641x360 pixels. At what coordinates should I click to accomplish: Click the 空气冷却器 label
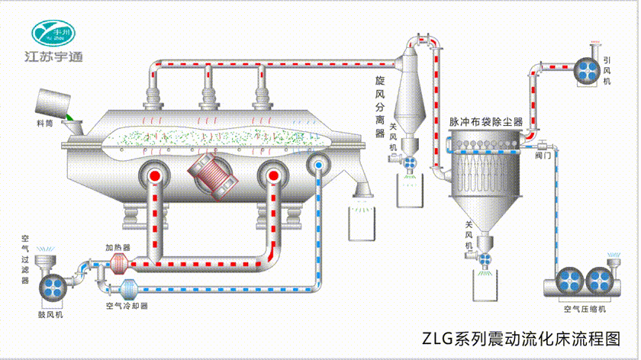coord(127,305)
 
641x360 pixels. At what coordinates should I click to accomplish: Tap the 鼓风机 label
coord(50,313)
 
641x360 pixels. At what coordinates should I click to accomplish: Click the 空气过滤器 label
coord(25,259)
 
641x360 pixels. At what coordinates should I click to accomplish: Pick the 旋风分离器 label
coord(379,107)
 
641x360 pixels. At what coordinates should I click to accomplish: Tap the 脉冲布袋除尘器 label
coord(485,121)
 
